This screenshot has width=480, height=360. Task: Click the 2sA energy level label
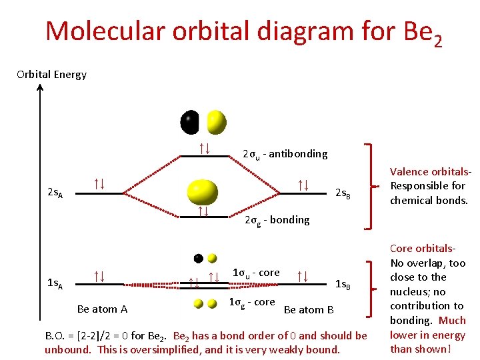coord(55,193)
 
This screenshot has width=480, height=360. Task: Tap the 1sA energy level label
coord(55,285)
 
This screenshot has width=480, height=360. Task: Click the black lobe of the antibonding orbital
coord(190,121)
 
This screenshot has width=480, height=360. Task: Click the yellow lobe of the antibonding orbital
coord(216,121)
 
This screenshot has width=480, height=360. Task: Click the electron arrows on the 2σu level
coord(205,147)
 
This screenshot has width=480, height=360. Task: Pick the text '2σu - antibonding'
coord(285,154)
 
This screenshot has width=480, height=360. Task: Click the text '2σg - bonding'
coord(277,220)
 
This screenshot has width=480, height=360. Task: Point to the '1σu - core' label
coord(256,273)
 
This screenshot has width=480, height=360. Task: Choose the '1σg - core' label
coord(251,302)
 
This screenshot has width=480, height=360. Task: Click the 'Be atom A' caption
coord(102,309)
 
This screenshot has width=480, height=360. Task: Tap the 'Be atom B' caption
coord(309,309)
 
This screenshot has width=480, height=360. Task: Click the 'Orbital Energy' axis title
coord(52,74)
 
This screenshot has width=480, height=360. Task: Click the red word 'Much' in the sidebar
coord(452,320)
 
